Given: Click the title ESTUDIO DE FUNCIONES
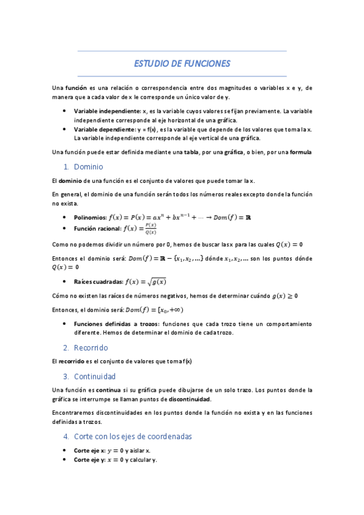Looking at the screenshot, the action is point(182,64).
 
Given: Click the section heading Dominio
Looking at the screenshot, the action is point(89,166).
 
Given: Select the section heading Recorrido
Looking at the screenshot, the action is point(91,348).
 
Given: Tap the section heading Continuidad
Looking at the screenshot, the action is point(95,377).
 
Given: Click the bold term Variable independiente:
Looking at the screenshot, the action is point(107,112).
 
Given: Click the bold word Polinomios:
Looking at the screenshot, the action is point(90,217).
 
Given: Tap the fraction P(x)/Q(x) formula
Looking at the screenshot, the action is point(150,229).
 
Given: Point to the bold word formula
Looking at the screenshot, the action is point(301,152).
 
